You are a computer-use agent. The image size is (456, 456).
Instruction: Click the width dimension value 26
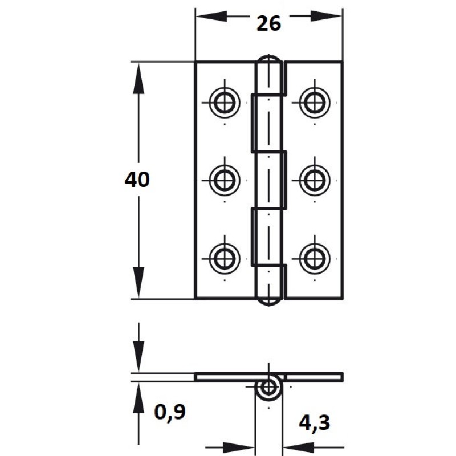coord(268,23)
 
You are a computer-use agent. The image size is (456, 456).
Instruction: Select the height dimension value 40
coord(137,180)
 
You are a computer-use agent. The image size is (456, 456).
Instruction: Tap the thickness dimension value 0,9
coord(170,412)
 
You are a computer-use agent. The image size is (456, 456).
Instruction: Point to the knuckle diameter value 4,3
coord(315,423)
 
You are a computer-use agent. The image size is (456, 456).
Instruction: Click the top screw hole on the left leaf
coord(225,103)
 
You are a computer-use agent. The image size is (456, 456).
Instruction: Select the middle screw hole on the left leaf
coord(225,180)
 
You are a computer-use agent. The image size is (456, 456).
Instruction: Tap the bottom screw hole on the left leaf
coord(225,259)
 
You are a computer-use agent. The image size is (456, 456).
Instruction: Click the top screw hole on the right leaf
coord(315,103)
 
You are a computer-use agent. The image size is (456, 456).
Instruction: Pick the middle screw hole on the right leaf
coord(315,180)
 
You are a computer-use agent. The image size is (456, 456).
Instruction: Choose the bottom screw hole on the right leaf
coord(315,259)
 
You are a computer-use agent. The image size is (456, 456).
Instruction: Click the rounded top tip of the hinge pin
coord(268,55)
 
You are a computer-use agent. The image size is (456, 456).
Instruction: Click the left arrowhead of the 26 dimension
coord(211,17)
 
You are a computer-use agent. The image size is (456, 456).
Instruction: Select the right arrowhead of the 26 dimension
coord(327,17)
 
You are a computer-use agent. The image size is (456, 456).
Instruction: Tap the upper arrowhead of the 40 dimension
coord(139,78)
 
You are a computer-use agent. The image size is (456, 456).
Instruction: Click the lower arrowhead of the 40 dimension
coord(139,282)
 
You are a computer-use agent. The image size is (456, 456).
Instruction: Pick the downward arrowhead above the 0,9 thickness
coord(139,357)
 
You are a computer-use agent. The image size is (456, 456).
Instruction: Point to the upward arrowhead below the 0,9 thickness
coord(139,397)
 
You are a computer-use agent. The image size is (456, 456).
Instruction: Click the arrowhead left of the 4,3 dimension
coord(239,447)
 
